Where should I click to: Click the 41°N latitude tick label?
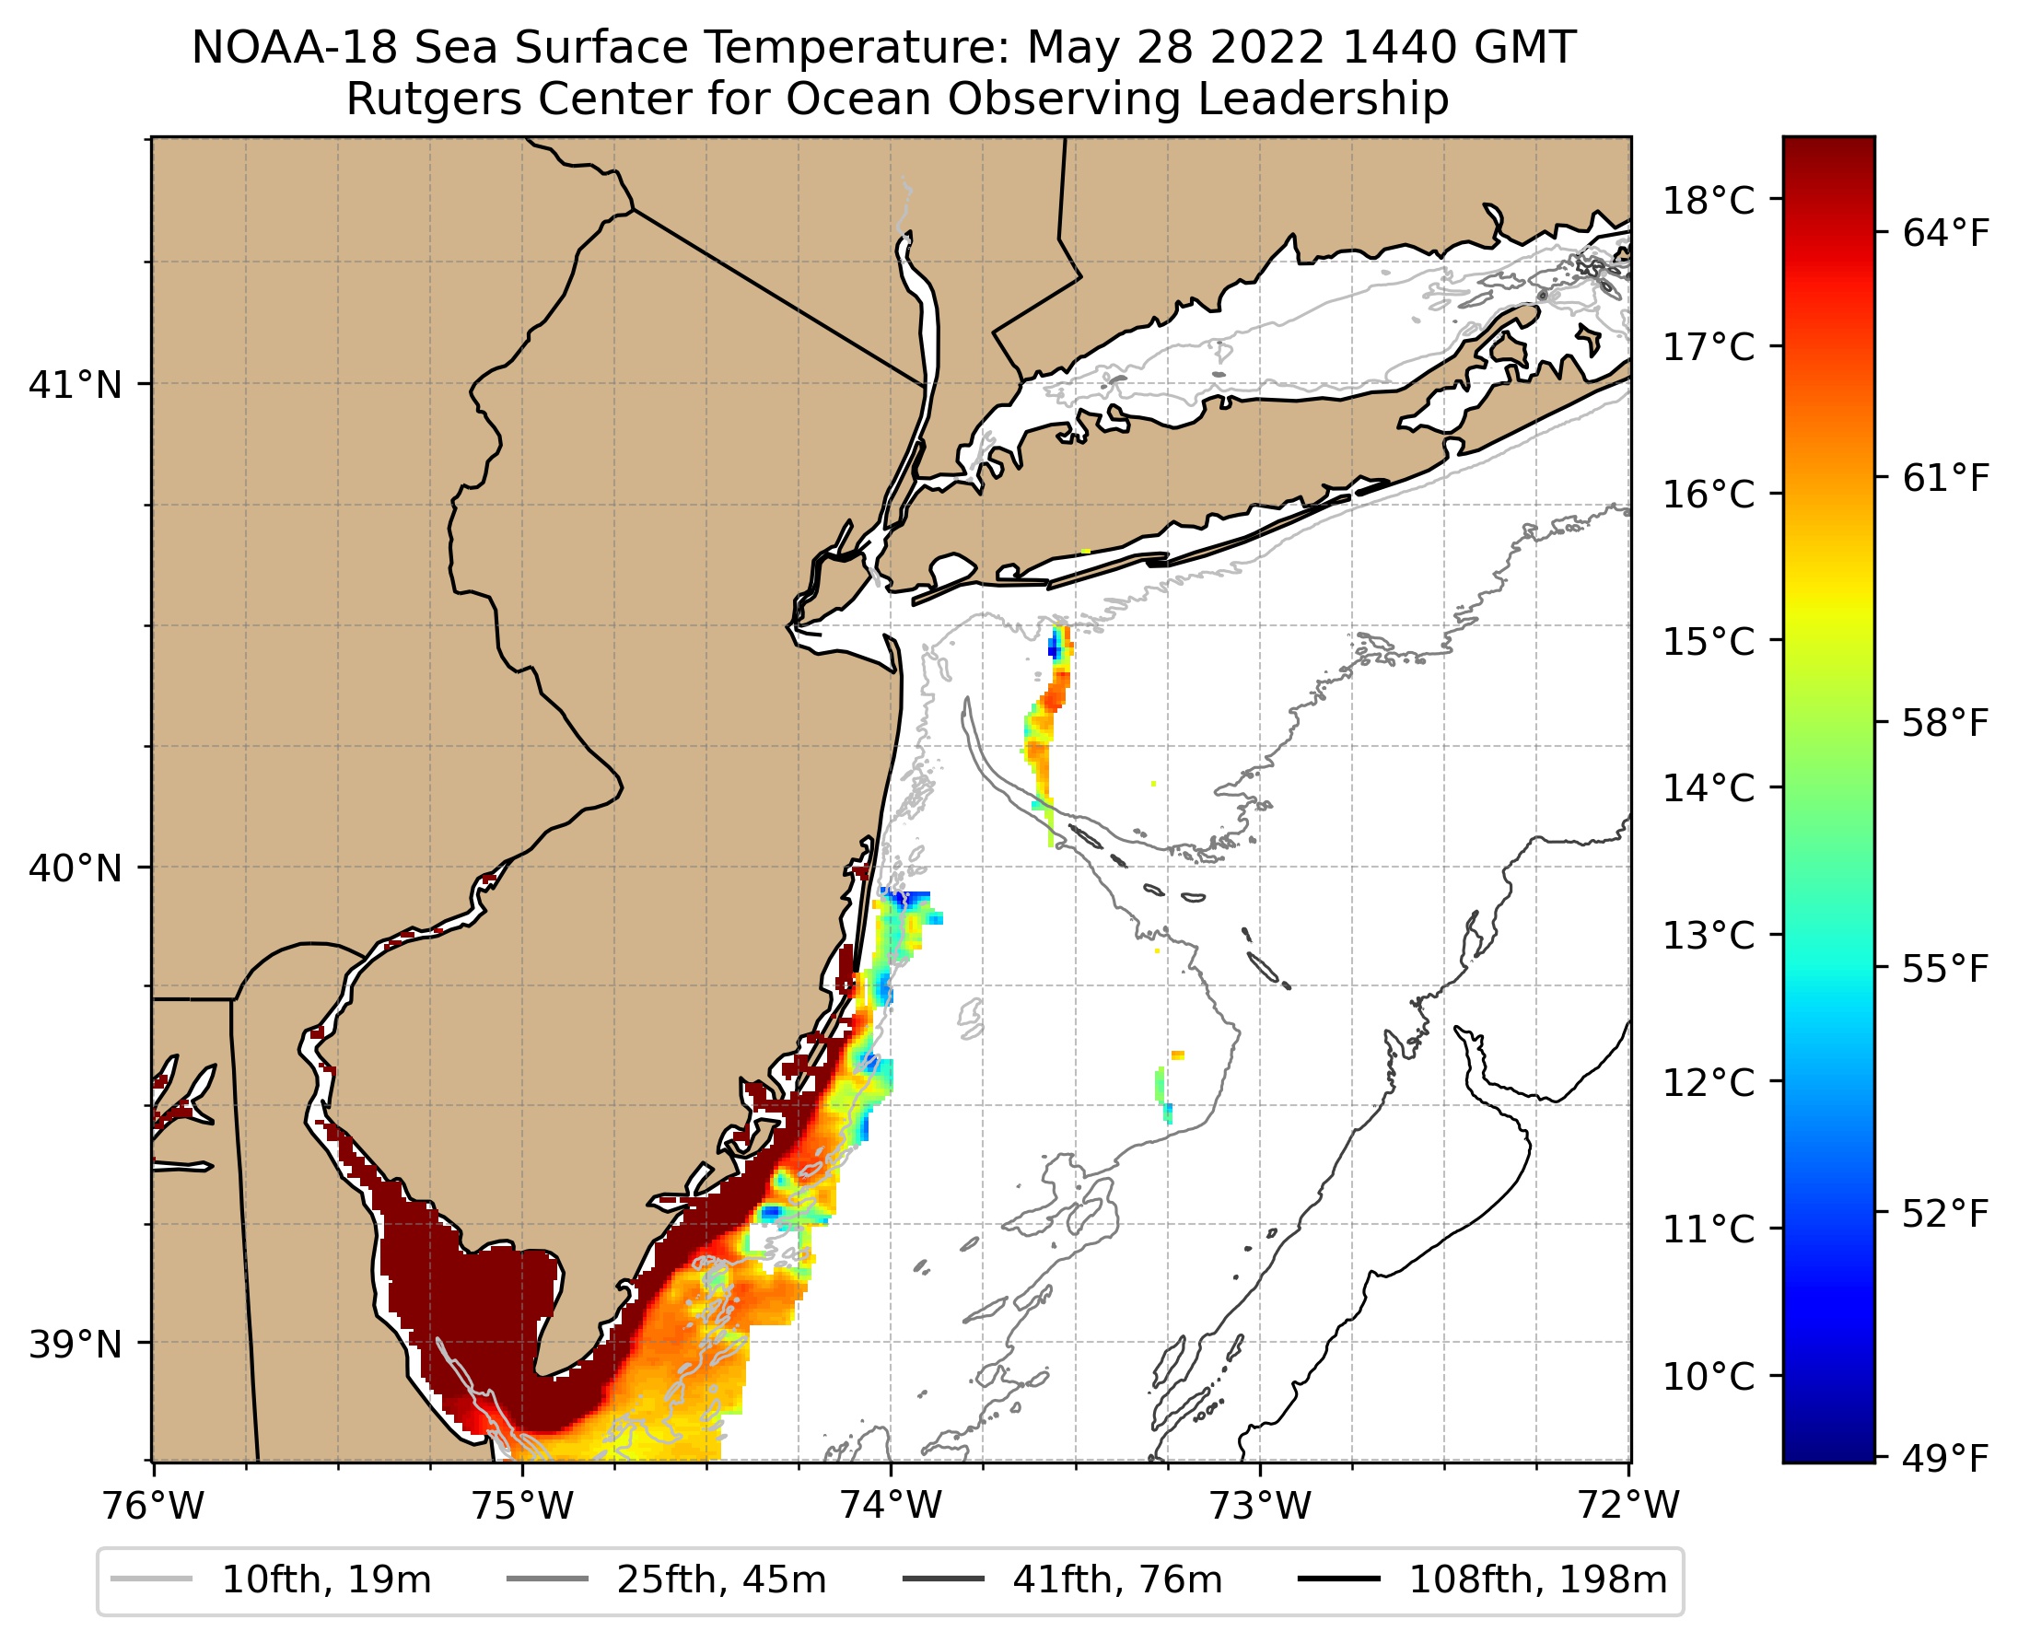[x=76, y=385]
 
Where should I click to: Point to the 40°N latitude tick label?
[x=76, y=868]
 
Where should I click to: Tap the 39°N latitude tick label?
[x=76, y=1344]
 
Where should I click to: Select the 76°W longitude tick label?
[x=153, y=1505]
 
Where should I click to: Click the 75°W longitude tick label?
[x=522, y=1505]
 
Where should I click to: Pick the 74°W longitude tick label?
[x=892, y=1505]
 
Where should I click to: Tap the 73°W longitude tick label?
[x=1261, y=1505]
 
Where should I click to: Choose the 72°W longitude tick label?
[x=1629, y=1505]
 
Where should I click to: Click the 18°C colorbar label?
[x=1709, y=202]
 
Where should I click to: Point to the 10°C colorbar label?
[x=1709, y=1377]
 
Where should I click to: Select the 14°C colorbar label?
[x=1709, y=788]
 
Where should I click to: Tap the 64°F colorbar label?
[x=1946, y=233]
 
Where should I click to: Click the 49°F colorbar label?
[x=1946, y=1460]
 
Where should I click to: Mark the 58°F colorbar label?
[x=1946, y=724]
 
